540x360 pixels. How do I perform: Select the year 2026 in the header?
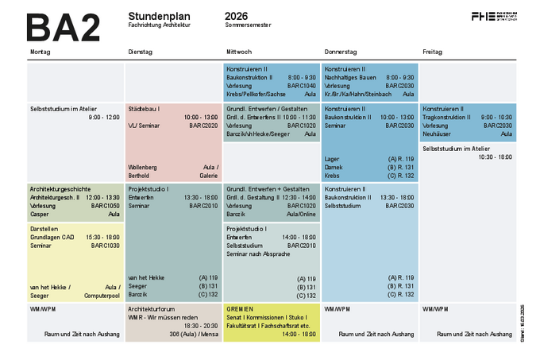[236, 16]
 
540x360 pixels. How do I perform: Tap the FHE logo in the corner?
[493, 16]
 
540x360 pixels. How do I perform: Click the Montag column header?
[40, 52]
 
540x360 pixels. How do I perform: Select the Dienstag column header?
[140, 52]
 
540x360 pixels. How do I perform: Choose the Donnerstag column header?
[341, 52]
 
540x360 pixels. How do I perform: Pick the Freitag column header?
[432, 52]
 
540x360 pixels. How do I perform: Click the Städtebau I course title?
[144, 108]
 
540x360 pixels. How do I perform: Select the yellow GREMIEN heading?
[239, 308]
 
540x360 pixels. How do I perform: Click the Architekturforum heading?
[151, 308]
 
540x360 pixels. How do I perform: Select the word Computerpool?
[100, 295]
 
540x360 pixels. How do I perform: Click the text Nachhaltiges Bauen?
[352, 77]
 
